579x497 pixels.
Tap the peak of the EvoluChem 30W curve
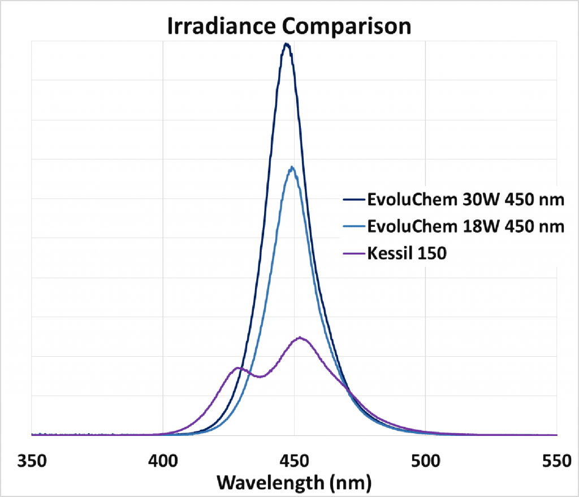pos(287,44)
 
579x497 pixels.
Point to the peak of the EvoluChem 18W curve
pos(292,167)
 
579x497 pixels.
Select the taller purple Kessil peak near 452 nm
pos(300,338)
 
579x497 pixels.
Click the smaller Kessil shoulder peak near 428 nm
pos(238,368)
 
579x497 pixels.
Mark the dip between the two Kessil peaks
pos(260,377)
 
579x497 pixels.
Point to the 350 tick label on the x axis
pos(32,462)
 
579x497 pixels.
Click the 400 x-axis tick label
pos(163,462)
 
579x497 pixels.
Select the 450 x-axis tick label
pos(294,462)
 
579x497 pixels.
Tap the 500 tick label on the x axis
pos(425,462)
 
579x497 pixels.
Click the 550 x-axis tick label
pos(555,462)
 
